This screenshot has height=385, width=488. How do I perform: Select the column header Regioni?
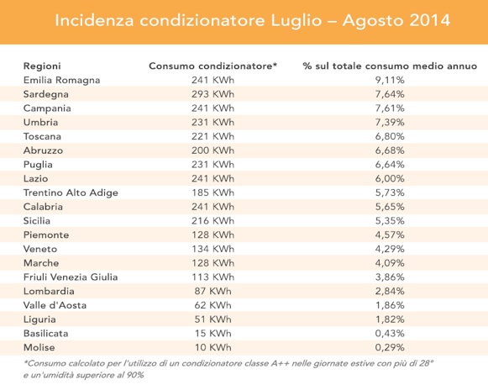point(42,66)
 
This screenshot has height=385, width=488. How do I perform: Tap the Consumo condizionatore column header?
point(213,66)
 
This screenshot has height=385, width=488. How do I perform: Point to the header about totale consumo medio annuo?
point(390,66)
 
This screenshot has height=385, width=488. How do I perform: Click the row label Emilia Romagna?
point(61,81)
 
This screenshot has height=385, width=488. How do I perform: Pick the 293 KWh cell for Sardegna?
point(213,94)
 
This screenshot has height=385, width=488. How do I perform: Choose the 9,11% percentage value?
point(390,80)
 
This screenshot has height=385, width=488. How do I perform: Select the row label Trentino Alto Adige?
point(71,192)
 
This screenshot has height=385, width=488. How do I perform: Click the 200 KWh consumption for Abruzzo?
point(213,150)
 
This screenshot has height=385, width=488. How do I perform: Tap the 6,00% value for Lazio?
point(390,178)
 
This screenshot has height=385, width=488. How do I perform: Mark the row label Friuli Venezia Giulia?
point(71,277)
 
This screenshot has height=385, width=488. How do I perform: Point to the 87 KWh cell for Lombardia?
point(213,291)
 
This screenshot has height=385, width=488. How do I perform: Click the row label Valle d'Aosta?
point(55,305)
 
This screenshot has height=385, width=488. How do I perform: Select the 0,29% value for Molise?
point(390,347)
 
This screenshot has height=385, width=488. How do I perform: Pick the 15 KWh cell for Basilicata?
point(213,333)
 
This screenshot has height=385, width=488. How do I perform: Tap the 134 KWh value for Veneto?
point(213,249)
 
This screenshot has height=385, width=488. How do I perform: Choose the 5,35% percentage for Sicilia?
point(390,221)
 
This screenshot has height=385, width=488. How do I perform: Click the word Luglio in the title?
point(296,21)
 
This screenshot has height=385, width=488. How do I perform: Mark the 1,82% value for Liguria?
point(390,319)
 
